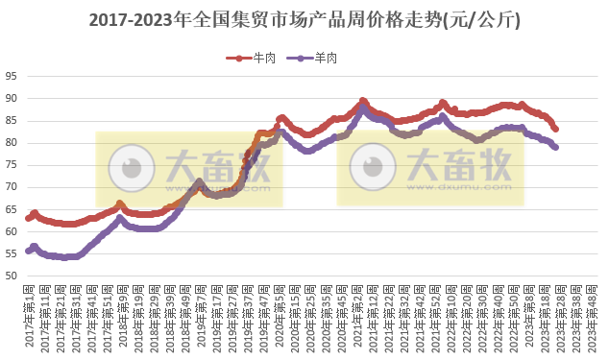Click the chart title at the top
point(304,19)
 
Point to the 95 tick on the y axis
point(12,77)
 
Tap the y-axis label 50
point(12,276)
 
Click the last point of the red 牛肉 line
point(556,129)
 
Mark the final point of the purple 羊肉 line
point(556,147)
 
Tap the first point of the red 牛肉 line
point(28,218)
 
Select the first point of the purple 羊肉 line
point(28,252)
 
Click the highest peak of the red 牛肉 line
point(362,100)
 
